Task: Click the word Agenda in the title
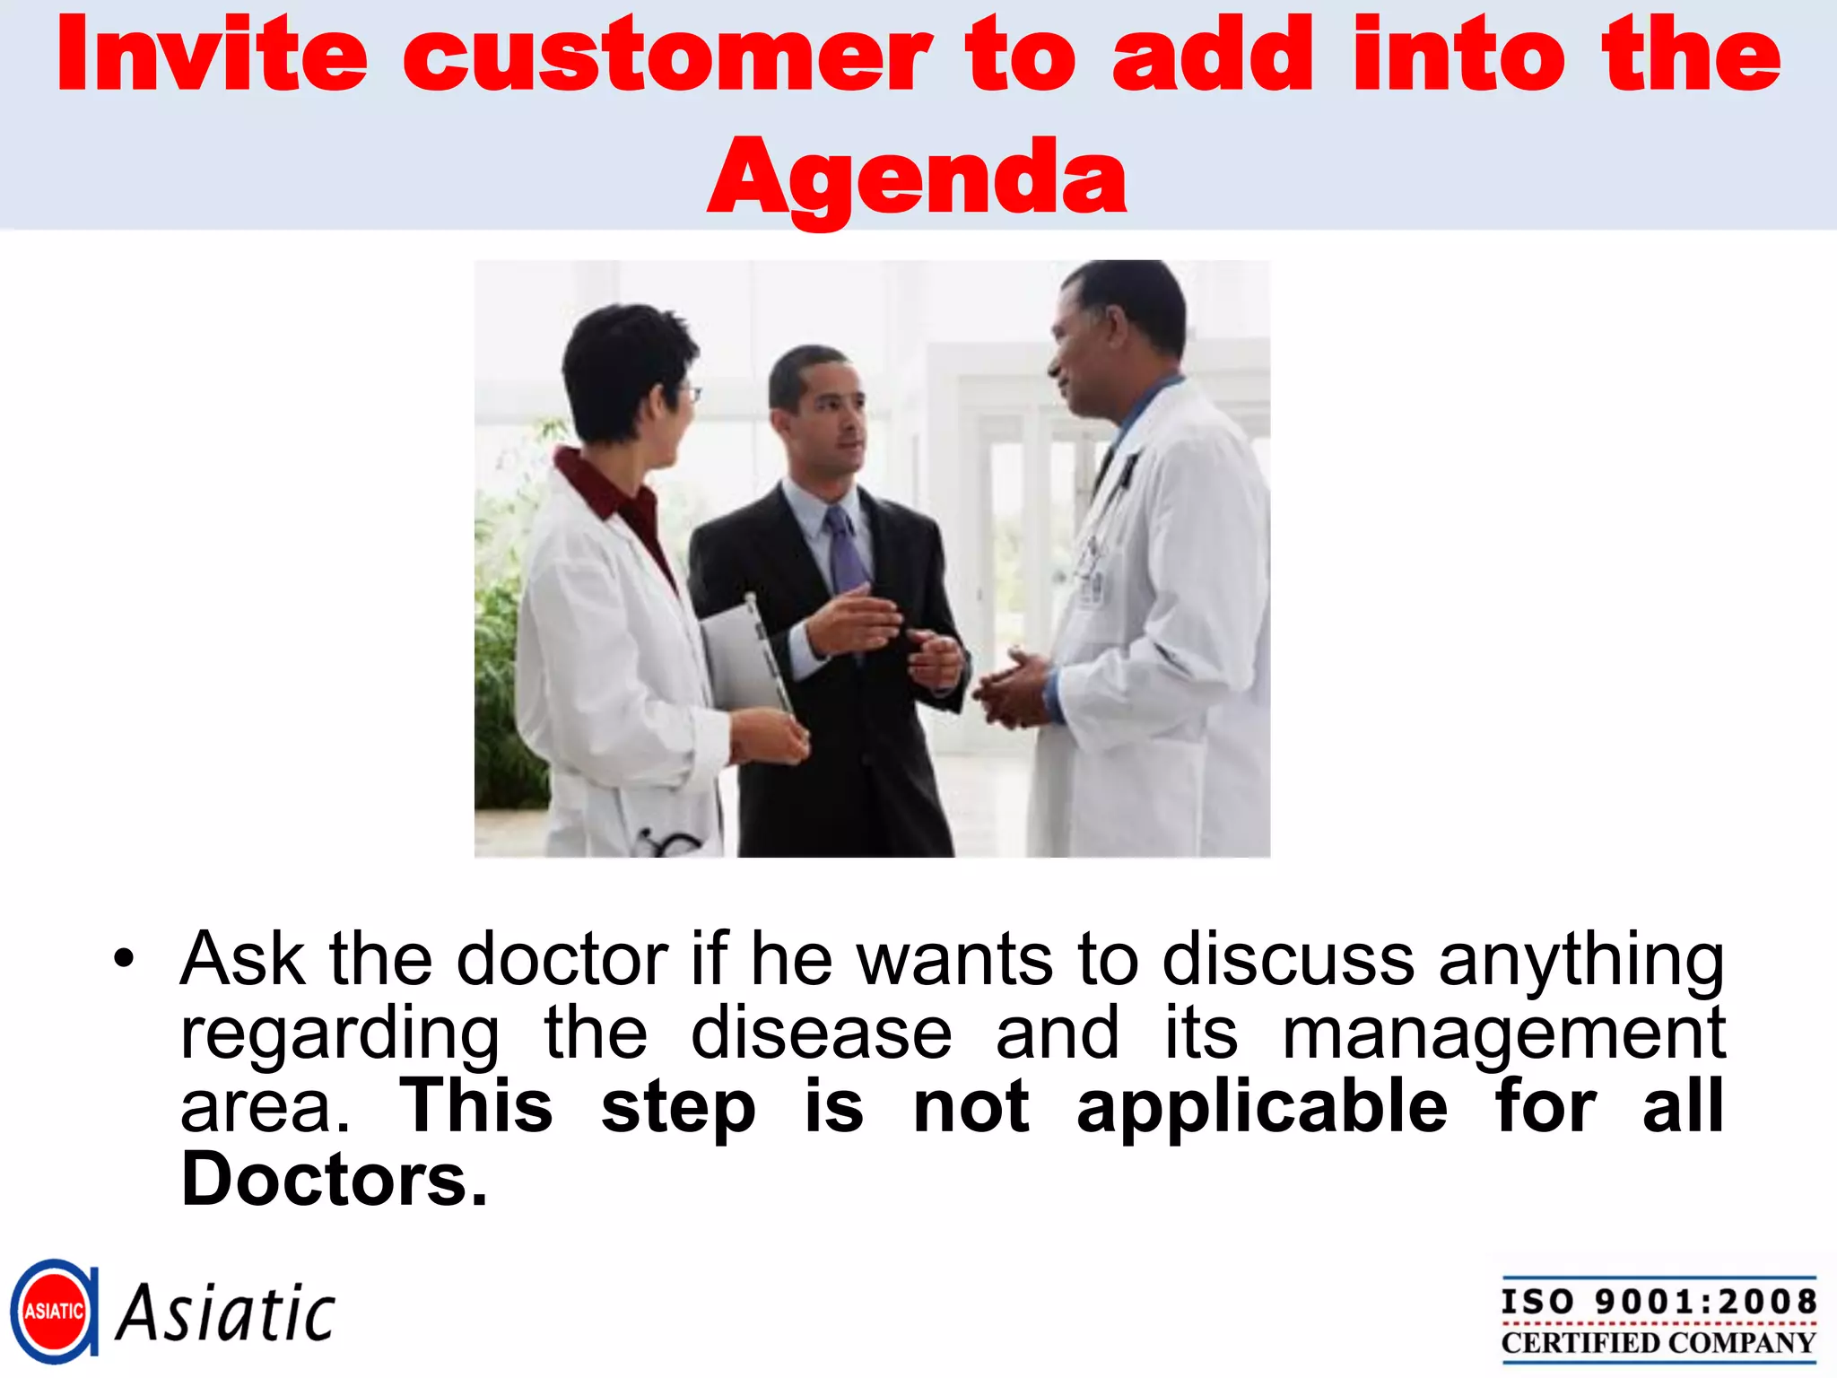[x=917, y=177]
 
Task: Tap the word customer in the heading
[x=666, y=56]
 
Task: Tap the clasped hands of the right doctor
[x=1012, y=689]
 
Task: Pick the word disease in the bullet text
[x=821, y=1033]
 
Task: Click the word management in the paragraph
[x=1503, y=1033]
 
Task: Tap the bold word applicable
[x=1261, y=1106]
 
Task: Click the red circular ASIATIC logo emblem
[x=54, y=1311]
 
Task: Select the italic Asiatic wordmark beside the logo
[x=226, y=1313]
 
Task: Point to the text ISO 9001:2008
[x=1659, y=1301]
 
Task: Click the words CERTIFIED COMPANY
[x=1659, y=1343]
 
